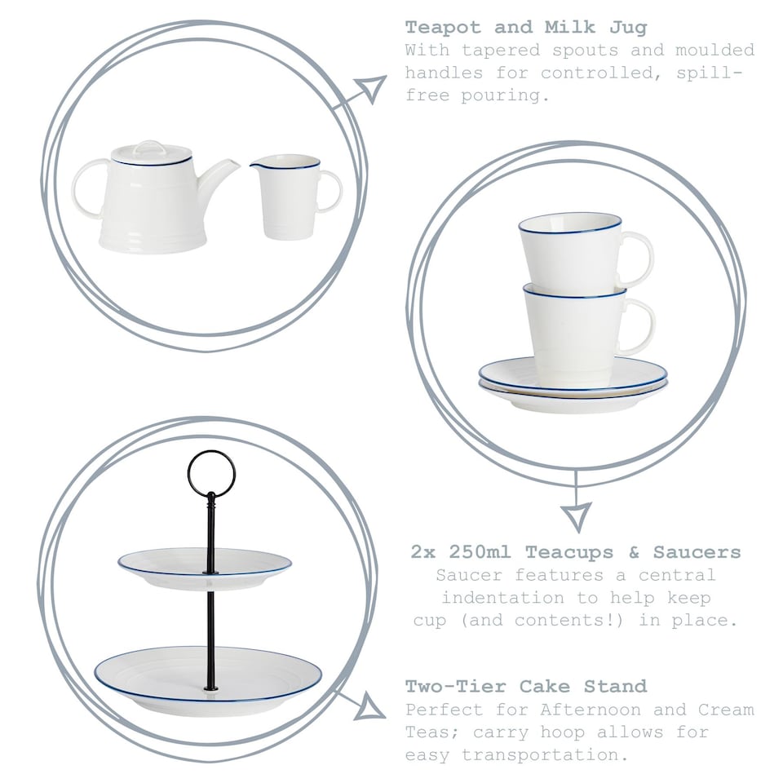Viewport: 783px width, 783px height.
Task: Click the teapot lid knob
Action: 149,148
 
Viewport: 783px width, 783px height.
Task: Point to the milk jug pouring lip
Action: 256,166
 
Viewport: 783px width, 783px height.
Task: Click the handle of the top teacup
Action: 640,259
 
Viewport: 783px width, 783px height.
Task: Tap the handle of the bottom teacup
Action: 642,325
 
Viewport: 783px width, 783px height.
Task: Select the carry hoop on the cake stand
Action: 211,473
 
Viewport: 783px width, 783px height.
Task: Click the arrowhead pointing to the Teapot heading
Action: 371,87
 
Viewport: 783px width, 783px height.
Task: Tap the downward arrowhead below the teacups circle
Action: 576,515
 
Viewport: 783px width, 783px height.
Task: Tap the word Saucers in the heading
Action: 698,552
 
